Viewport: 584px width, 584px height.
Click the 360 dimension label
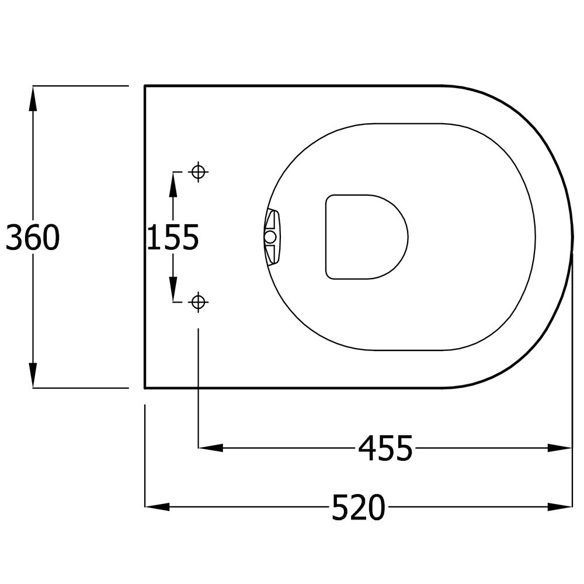(x=33, y=238)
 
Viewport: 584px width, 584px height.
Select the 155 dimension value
(x=173, y=238)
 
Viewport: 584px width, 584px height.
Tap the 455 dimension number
(x=385, y=449)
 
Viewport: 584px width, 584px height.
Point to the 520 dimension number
(x=359, y=507)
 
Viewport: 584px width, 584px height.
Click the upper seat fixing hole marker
(x=199, y=172)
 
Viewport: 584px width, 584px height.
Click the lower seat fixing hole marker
(x=199, y=302)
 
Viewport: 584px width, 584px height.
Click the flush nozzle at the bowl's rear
(x=272, y=237)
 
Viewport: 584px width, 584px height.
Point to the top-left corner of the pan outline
(x=145, y=86)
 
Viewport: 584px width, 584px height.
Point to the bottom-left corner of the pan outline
(x=145, y=387)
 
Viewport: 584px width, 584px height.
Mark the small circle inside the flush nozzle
(x=270, y=237)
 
